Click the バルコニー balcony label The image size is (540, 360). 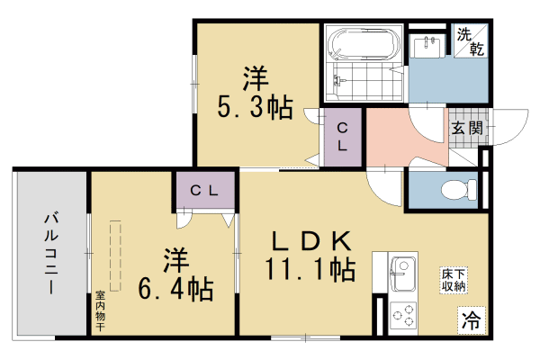(x=51, y=253)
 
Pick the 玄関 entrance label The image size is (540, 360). (x=467, y=128)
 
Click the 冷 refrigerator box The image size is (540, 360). (x=471, y=319)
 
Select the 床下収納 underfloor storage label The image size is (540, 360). (x=454, y=280)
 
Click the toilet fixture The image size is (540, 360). (x=456, y=190)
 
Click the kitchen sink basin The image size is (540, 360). (x=401, y=270)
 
